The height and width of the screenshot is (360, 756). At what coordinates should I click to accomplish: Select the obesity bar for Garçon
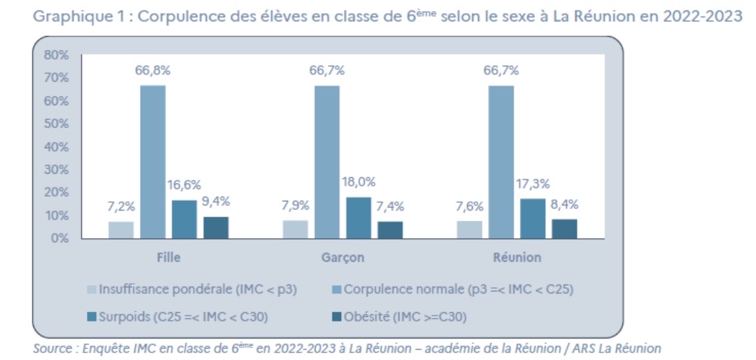pos(390,230)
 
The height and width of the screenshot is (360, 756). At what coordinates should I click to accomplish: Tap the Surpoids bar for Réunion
pos(533,218)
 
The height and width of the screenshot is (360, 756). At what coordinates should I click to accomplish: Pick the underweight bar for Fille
pos(121,230)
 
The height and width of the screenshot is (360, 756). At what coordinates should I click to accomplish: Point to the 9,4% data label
pos(215,201)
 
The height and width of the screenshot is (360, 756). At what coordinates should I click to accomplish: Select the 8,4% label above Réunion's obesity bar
pos(564,204)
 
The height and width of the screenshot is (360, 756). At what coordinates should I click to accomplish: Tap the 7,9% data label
pos(296,206)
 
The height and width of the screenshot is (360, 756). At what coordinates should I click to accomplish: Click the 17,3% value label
pos(533,183)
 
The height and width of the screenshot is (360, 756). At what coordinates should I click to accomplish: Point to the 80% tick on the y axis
pos(56,55)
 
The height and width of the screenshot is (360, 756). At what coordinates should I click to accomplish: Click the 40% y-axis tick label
pos(56,147)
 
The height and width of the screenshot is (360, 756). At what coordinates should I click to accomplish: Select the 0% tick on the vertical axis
pos(60,238)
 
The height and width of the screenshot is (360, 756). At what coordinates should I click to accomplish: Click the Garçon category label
pos(343,258)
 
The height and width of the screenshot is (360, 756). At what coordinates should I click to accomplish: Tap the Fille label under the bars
pos(168,258)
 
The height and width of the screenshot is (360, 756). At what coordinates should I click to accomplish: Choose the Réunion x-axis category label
pos(517,258)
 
